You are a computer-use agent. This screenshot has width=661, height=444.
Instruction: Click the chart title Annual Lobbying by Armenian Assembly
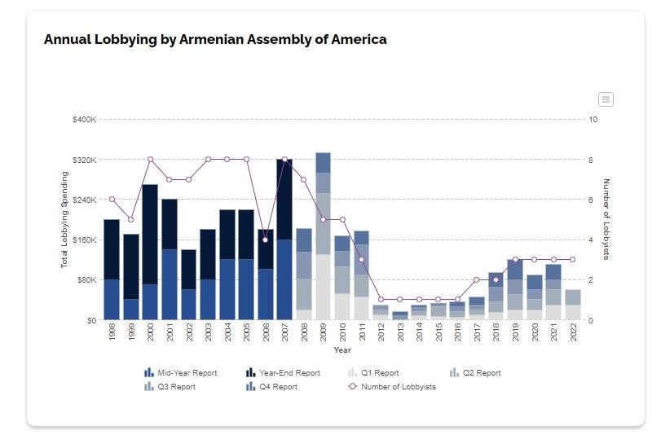[x=215, y=39]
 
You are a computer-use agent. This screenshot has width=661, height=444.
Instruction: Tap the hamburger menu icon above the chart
[x=605, y=99]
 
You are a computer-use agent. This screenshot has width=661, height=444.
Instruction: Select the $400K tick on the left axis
[x=84, y=120]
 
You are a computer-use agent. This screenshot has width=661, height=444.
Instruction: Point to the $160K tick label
[x=84, y=240]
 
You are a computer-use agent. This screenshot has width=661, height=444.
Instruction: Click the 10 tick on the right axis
[x=593, y=120]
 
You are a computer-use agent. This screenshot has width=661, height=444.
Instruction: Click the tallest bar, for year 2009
[x=323, y=236]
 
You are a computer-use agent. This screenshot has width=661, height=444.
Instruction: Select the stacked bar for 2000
[x=150, y=253]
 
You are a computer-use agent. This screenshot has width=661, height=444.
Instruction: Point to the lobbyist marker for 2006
[x=265, y=240]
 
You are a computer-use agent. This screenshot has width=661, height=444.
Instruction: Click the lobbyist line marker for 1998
[x=112, y=200]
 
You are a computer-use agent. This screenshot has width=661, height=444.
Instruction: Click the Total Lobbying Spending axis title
[x=64, y=220]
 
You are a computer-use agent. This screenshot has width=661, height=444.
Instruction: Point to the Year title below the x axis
[x=342, y=350]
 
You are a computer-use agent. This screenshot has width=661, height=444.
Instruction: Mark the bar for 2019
[x=515, y=289]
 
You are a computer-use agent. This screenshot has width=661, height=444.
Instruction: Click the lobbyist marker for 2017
[x=476, y=280]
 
